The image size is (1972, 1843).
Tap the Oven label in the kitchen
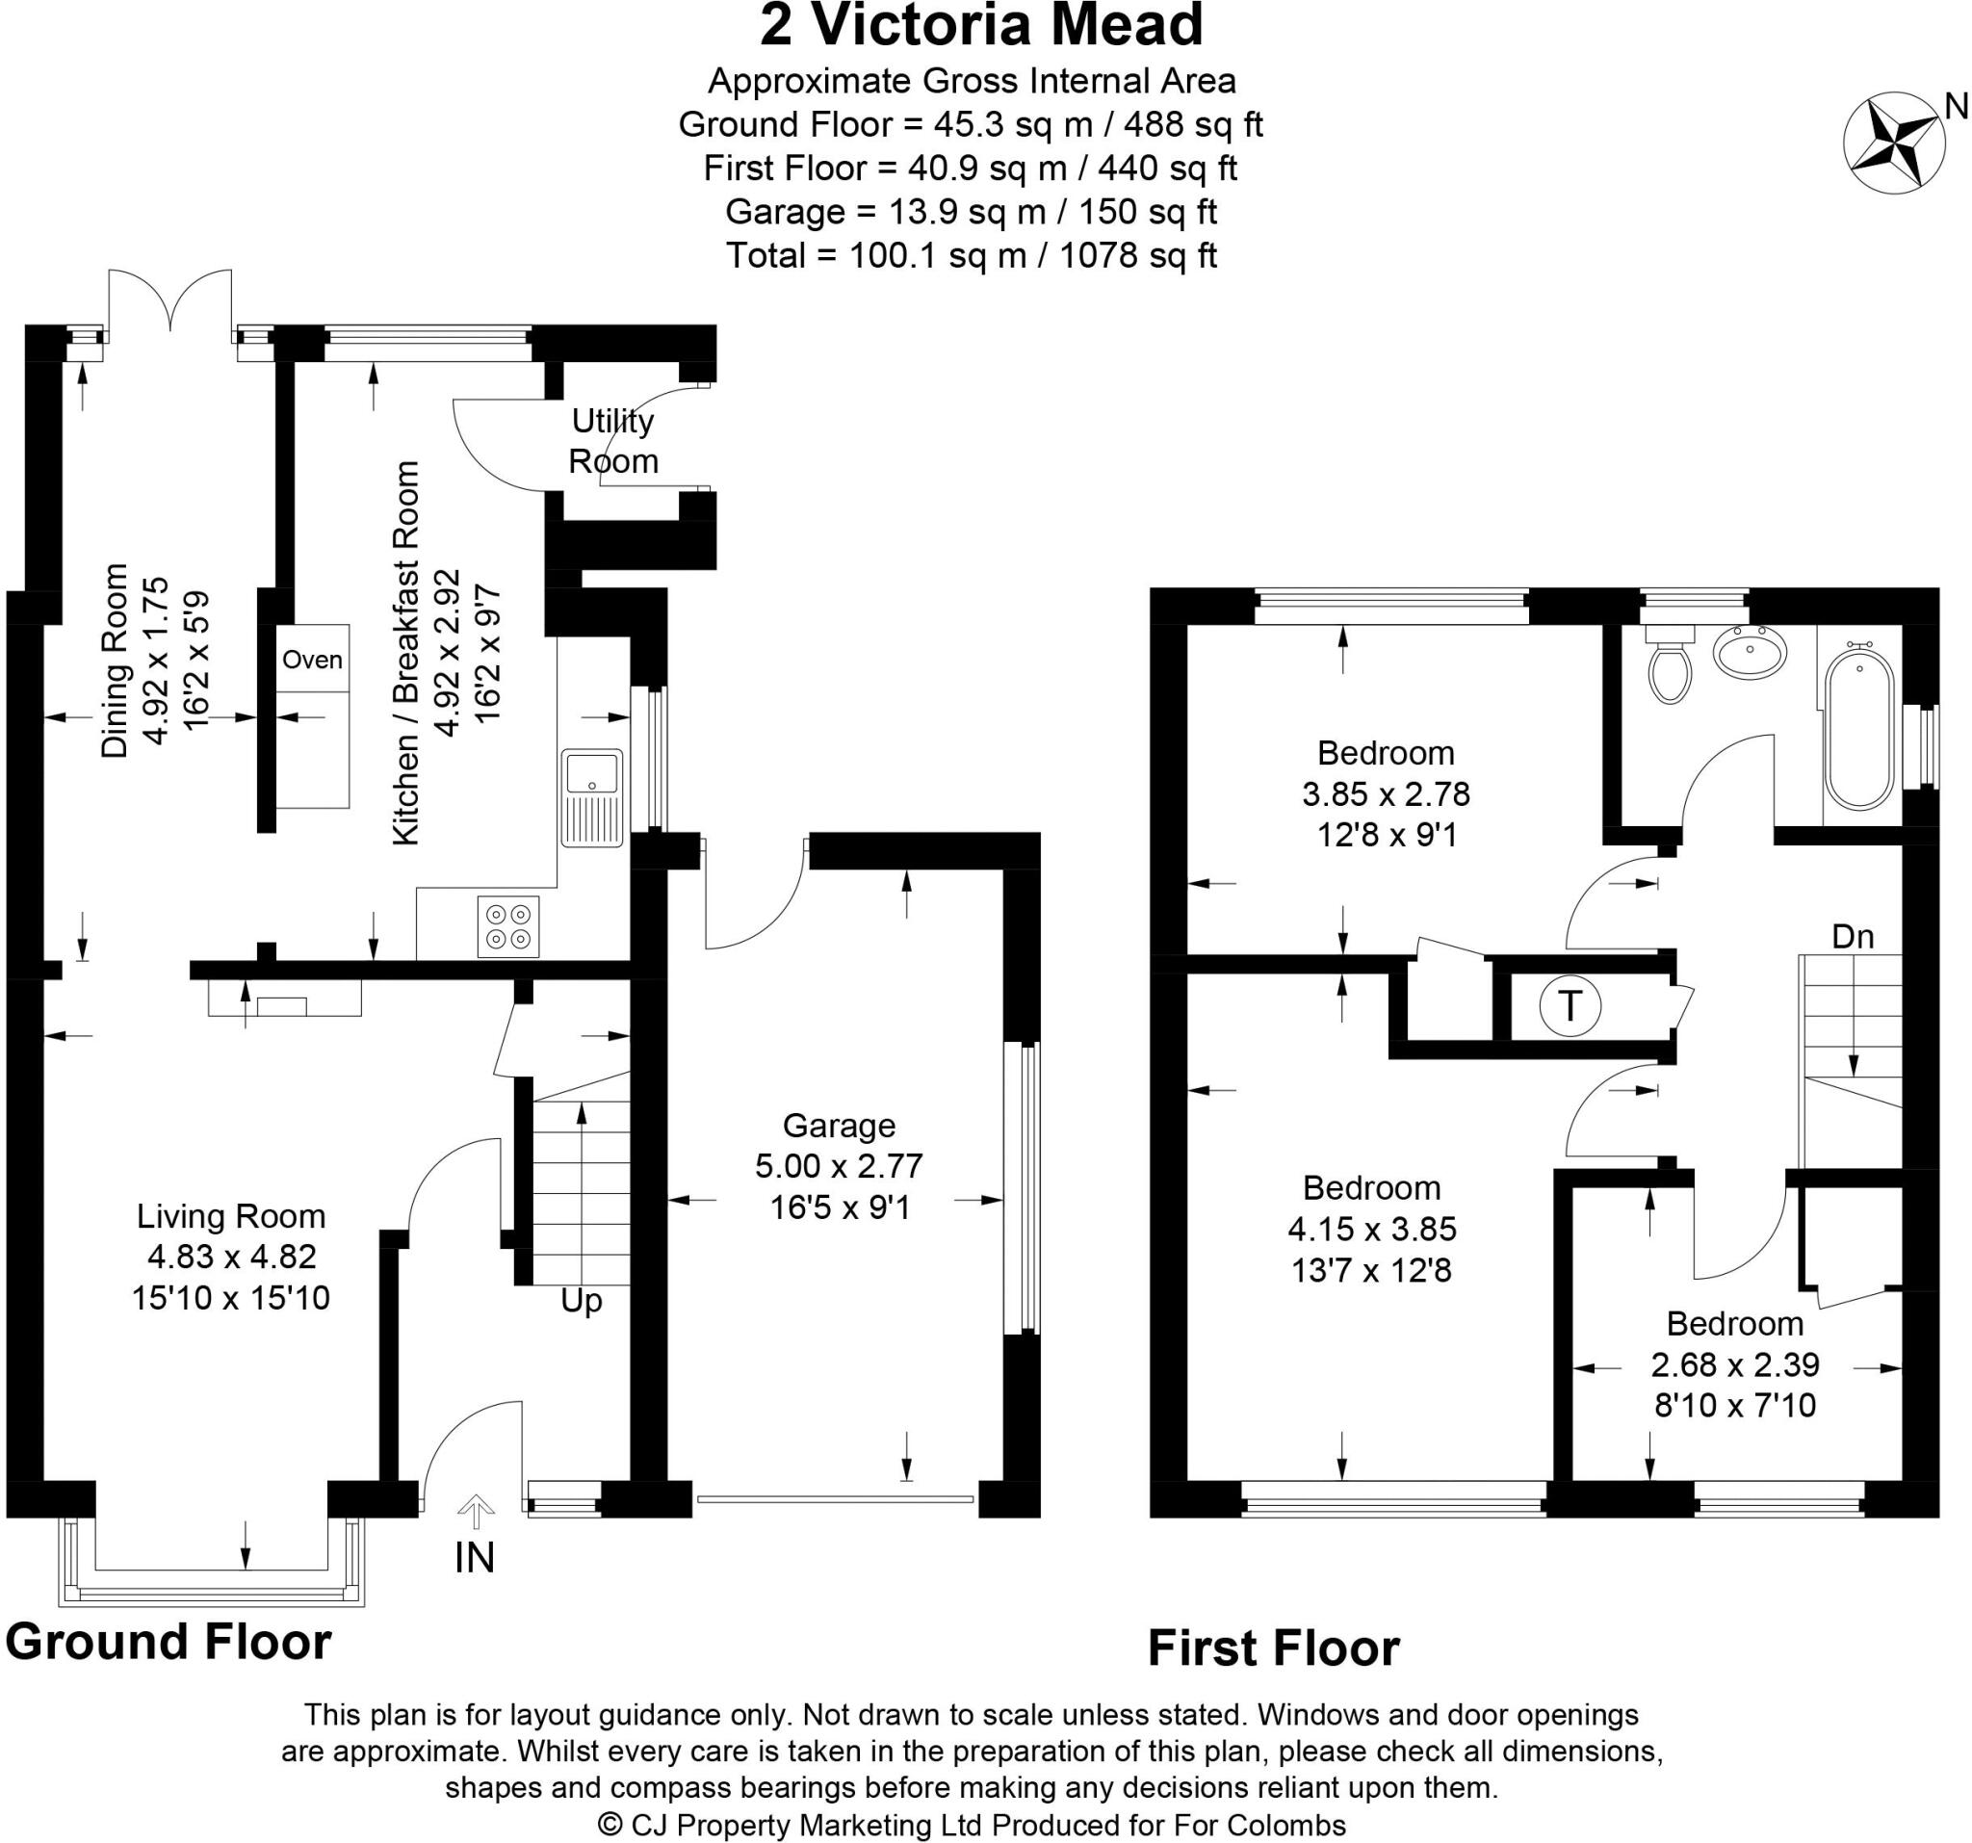point(313,660)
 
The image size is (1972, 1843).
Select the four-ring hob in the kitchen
point(508,926)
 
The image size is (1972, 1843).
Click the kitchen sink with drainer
point(592,797)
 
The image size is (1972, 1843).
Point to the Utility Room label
point(613,440)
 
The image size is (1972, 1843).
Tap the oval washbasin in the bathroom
point(1750,653)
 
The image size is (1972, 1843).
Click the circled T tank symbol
point(1569,1006)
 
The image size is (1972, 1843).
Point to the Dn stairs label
point(1852,935)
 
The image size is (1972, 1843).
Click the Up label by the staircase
point(582,1301)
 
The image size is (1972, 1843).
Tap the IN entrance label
point(474,1558)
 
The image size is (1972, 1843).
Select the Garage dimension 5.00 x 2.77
point(840,1165)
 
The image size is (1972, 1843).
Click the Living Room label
point(231,1215)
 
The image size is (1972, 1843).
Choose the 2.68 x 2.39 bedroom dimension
point(1735,1364)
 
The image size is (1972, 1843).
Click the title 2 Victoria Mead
point(981,26)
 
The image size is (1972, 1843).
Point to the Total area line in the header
point(972,256)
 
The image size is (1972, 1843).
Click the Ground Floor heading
point(169,1642)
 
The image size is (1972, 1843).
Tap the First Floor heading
point(1273,1648)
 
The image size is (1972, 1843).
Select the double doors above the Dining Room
point(170,298)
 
